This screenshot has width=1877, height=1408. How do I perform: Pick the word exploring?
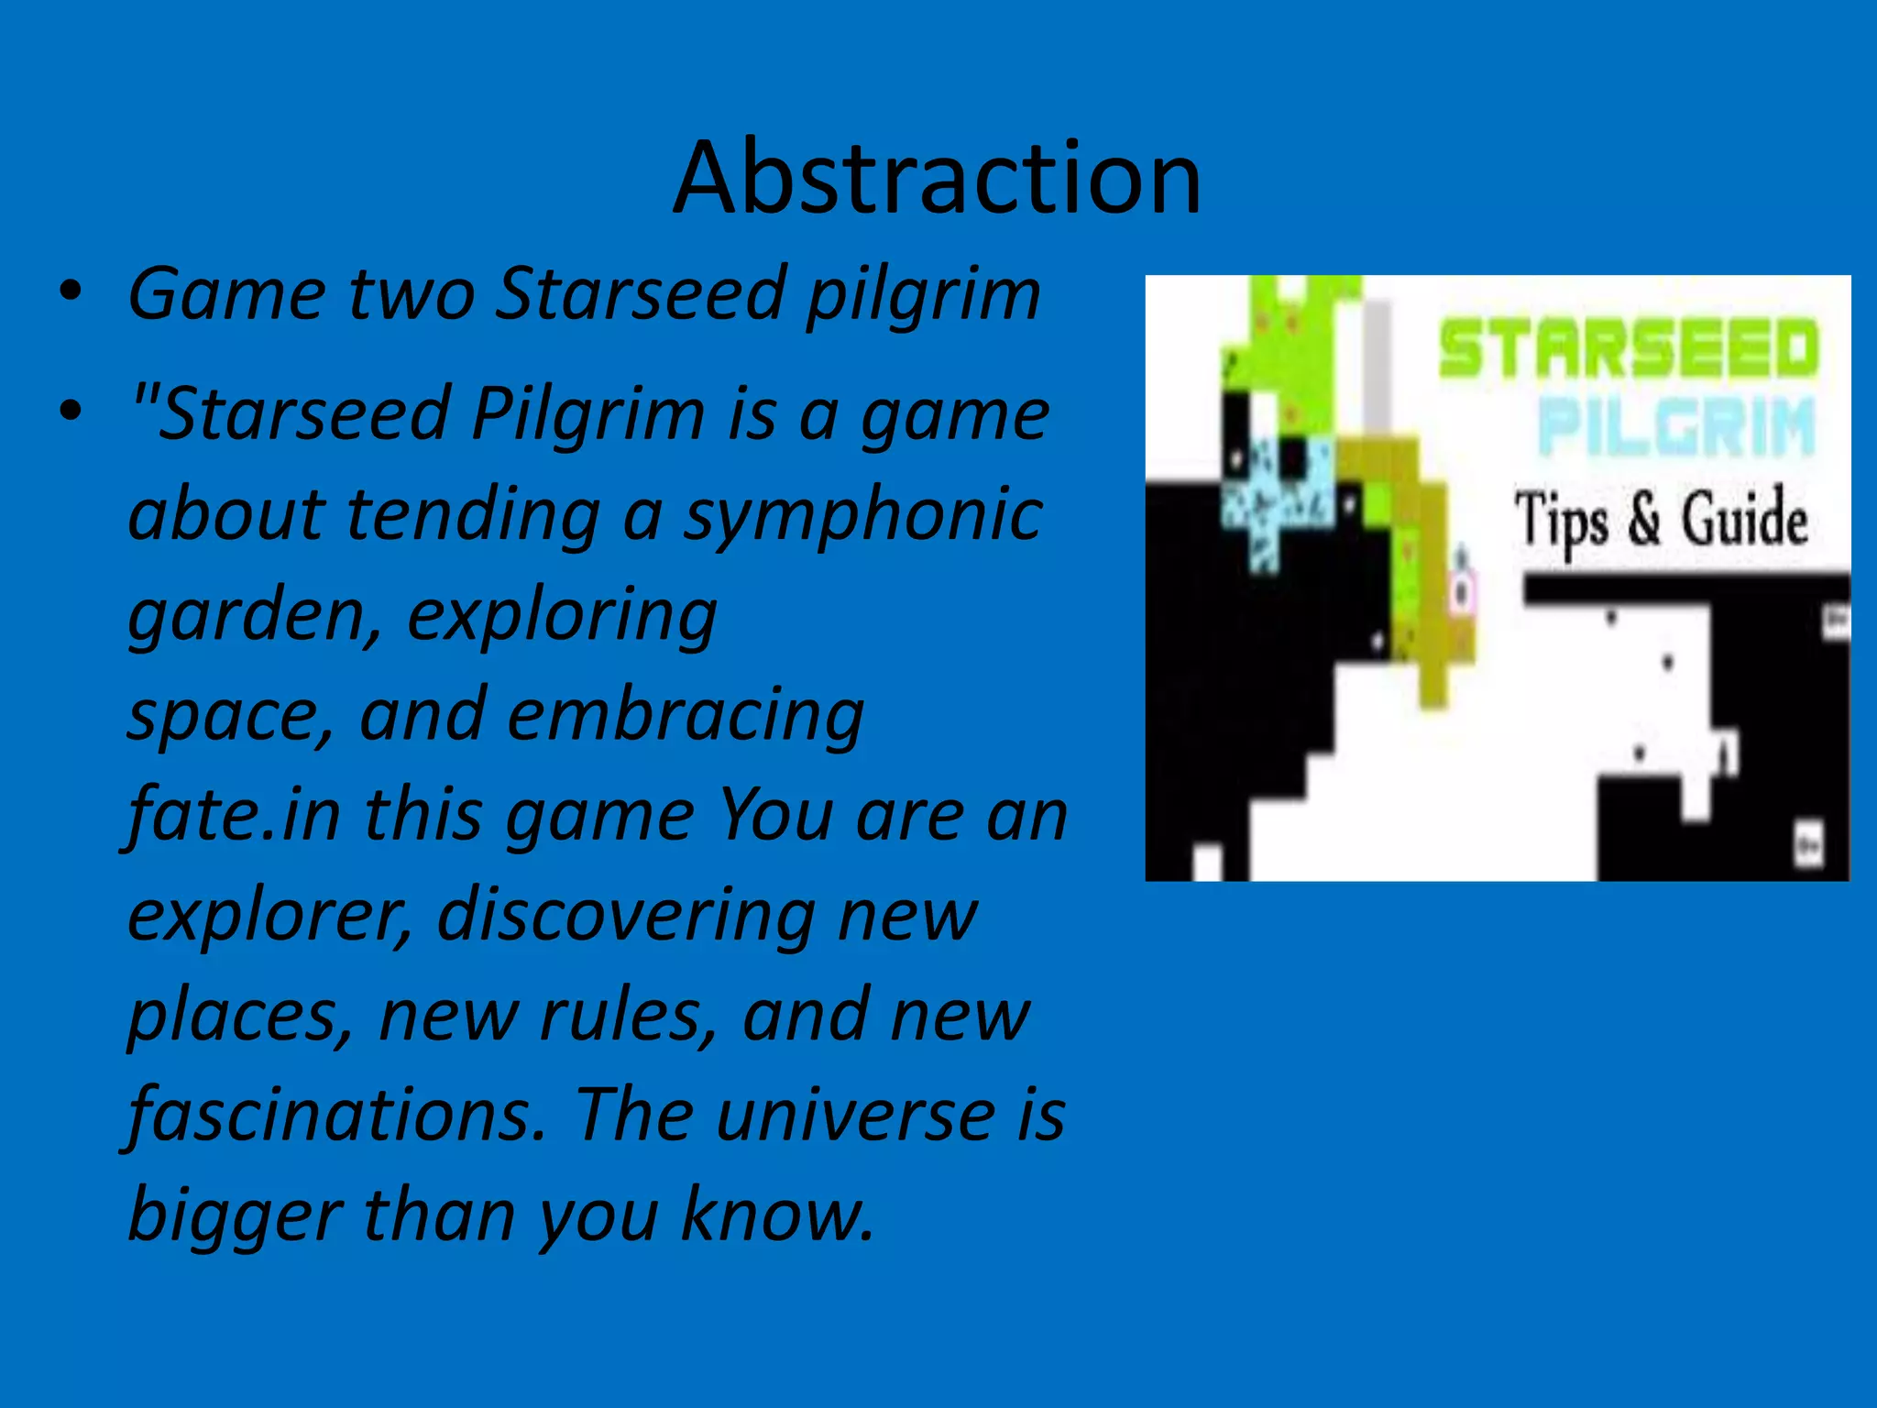pos(562,616)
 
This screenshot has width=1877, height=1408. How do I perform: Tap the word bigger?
pos(235,1217)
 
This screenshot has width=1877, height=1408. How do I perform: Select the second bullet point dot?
pos(71,412)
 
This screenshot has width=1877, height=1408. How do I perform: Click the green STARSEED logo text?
pos(1628,348)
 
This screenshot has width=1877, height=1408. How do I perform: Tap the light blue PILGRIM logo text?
pos(1675,427)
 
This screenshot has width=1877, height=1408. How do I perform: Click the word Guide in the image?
pos(1743,519)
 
